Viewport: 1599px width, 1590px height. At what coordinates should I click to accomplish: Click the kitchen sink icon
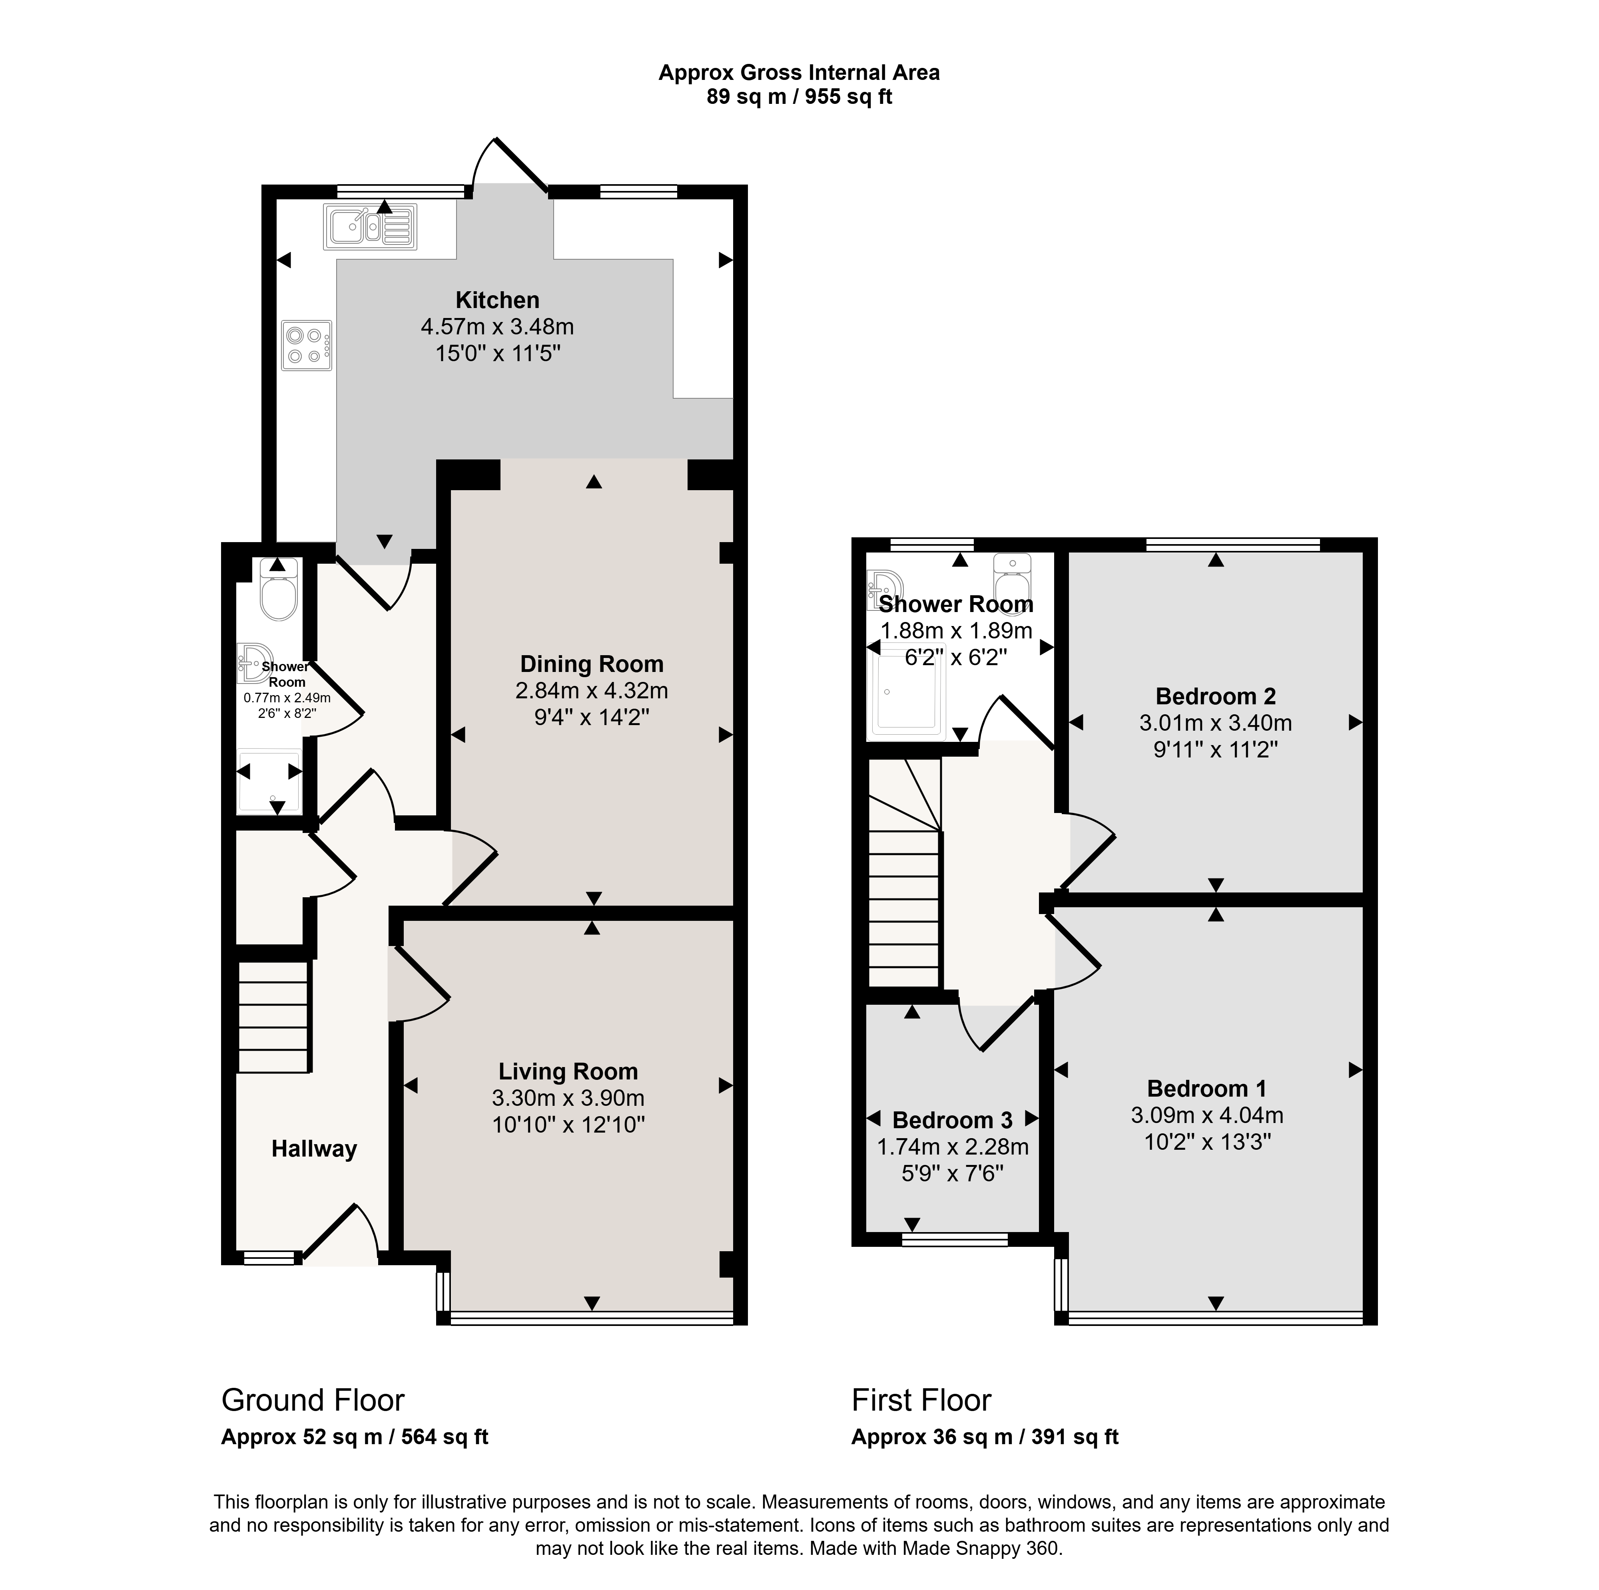(371, 227)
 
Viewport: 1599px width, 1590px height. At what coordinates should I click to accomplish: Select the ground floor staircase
(274, 1017)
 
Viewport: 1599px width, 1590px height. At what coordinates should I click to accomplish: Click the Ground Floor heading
(313, 1400)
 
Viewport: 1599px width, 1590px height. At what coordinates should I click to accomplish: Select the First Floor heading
(921, 1400)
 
